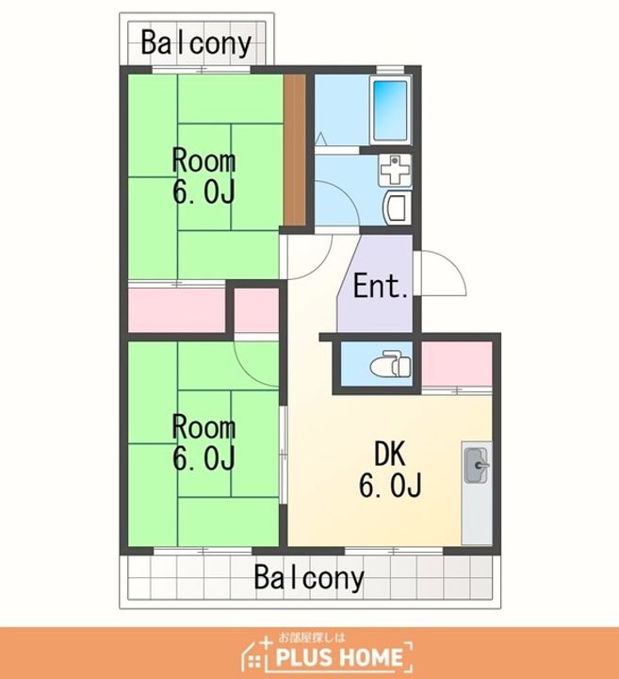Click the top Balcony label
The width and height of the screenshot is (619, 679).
(196, 43)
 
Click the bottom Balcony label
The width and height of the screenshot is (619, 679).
(309, 577)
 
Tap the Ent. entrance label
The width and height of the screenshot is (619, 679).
(381, 286)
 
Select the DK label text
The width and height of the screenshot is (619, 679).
(390, 454)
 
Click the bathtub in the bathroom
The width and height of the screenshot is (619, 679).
(390, 111)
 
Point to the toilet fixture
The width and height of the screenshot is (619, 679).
(390, 366)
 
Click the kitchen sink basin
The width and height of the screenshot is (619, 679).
(476, 466)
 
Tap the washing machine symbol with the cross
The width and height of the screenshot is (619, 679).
(394, 170)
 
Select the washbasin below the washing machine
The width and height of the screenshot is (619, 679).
(397, 208)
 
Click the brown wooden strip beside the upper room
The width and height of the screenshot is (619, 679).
(295, 150)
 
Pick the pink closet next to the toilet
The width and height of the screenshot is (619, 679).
(457, 363)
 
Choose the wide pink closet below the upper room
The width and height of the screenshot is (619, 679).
(177, 310)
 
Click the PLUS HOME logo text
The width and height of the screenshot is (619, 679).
(339, 657)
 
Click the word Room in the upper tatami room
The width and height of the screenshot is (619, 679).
(204, 160)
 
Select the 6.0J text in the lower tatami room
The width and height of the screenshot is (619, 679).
(204, 458)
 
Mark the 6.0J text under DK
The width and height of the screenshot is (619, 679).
(390, 485)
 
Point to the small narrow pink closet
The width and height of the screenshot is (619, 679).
(256, 310)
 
